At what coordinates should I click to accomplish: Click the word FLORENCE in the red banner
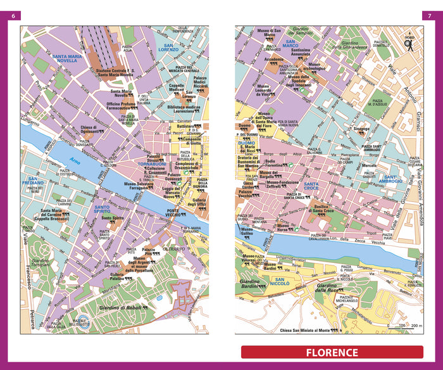[x=332, y=353]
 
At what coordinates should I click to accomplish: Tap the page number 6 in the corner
[x=14, y=15]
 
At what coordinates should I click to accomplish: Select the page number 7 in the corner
[x=428, y=15]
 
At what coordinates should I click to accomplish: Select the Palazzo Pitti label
[x=148, y=252]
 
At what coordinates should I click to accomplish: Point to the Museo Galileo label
[x=249, y=232]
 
